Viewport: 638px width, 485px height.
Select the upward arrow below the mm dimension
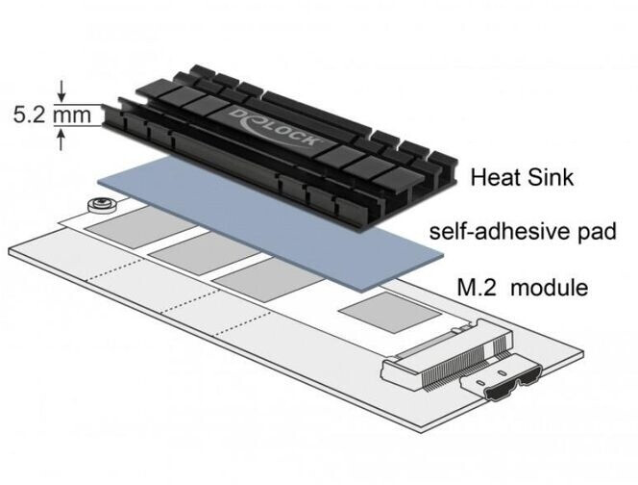point(62,139)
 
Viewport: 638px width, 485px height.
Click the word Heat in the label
point(492,178)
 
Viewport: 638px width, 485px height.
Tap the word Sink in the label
point(551,178)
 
